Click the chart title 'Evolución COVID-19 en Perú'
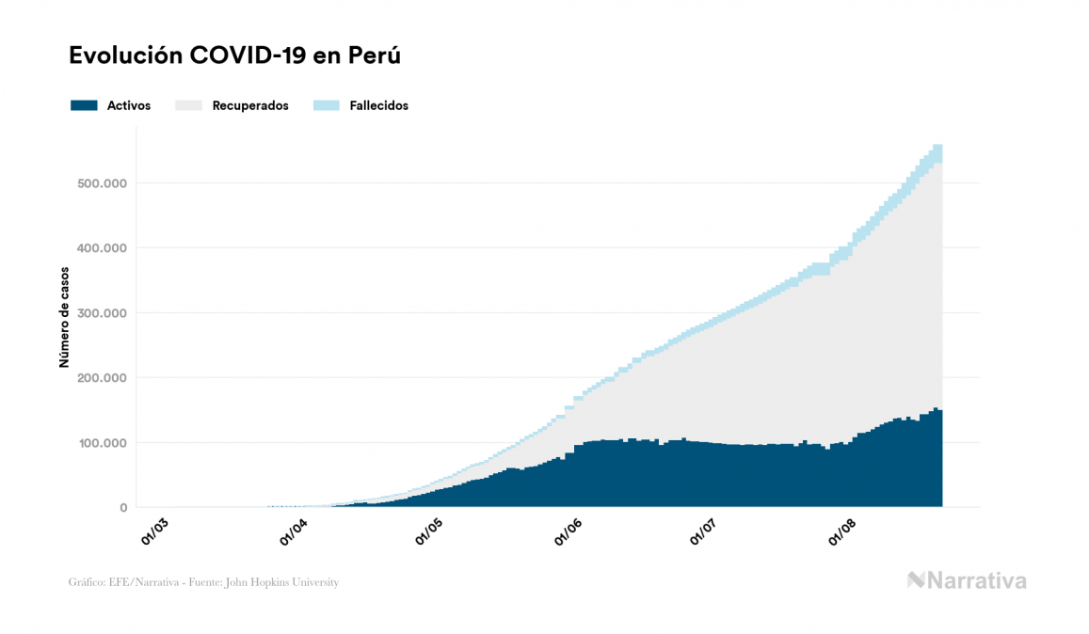(x=235, y=55)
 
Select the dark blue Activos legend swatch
(x=84, y=106)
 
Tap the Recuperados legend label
(x=250, y=106)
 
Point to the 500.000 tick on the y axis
(x=101, y=182)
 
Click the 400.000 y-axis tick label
(x=101, y=247)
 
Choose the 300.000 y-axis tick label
(x=101, y=312)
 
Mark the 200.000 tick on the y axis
(x=101, y=377)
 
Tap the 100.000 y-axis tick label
(x=101, y=442)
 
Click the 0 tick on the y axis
(x=122, y=508)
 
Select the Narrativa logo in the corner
(x=967, y=580)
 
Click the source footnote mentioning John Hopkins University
(x=203, y=582)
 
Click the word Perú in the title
(x=375, y=55)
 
